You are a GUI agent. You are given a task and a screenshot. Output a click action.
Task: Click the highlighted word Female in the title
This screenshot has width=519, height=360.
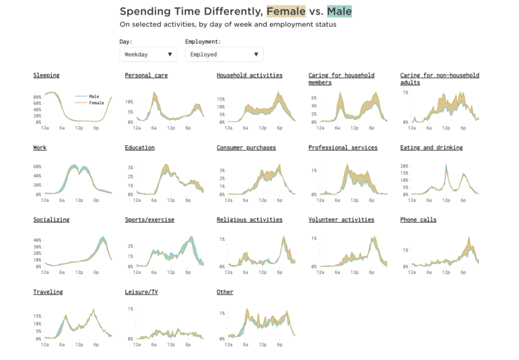click(286, 11)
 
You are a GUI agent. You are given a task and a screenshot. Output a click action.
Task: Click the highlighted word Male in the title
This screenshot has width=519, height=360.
click(339, 11)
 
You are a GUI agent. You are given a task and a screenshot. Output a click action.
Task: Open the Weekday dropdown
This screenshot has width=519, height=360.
click(148, 55)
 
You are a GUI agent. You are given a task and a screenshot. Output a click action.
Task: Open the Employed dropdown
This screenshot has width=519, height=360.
click(223, 55)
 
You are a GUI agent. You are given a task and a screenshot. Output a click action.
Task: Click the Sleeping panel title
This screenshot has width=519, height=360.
click(46, 75)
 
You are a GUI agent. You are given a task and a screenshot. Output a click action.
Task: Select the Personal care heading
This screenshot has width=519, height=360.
click(146, 75)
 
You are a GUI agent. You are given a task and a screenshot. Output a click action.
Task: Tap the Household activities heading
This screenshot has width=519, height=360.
click(249, 75)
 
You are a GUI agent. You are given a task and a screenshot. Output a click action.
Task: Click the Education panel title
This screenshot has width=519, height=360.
click(139, 147)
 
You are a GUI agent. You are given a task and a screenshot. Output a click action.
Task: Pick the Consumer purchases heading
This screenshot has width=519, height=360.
click(246, 147)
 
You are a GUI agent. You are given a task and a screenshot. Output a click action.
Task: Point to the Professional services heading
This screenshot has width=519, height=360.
click(343, 147)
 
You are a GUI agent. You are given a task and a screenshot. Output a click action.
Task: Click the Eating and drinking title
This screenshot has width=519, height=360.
click(431, 147)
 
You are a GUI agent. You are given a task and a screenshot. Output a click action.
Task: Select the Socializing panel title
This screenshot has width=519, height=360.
click(51, 219)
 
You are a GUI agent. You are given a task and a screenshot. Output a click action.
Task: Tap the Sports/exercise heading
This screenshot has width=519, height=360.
click(149, 219)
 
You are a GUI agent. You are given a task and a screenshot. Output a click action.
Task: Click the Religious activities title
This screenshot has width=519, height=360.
click(249, 219)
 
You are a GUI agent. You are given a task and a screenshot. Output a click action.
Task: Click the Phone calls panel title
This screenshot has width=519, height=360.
click(418, 219)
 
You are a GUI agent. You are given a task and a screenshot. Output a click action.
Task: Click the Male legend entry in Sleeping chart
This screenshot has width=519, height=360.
click(93, 96)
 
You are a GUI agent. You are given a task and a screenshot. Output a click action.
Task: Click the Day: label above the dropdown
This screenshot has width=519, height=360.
click(126, 42)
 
